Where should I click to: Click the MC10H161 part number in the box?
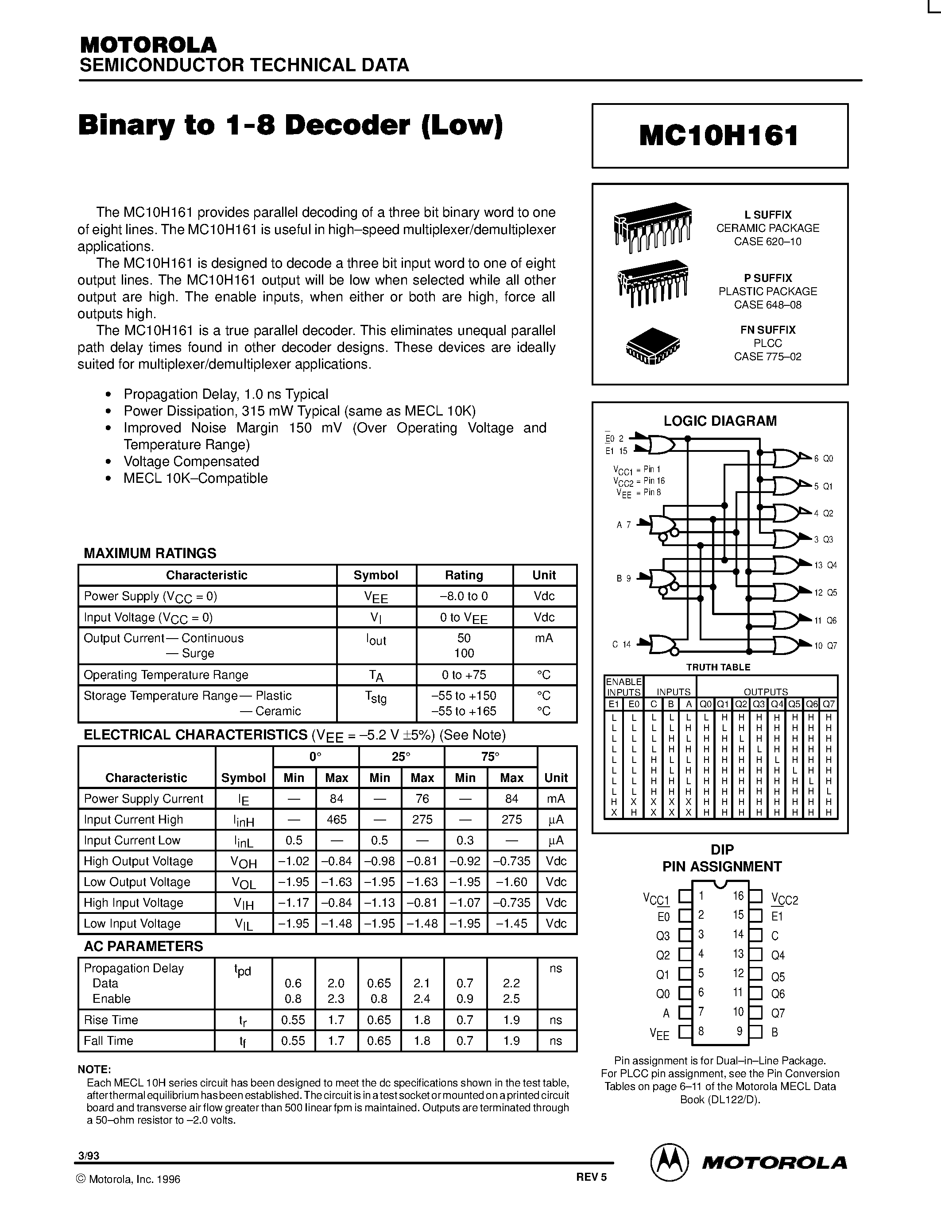click(719, 135)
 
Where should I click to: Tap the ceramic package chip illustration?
click(653, 226)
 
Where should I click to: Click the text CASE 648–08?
click(767, 305)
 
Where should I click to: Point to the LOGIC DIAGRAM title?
click(719, 421)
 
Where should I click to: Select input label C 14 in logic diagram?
click(621, 644)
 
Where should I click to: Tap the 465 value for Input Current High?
click(336, 820)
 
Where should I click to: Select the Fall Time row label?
click(108, 1041)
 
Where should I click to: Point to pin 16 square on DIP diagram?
click(755, 897)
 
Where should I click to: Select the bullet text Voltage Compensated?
click(191, 462)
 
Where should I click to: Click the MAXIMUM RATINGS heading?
click(149, 553)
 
